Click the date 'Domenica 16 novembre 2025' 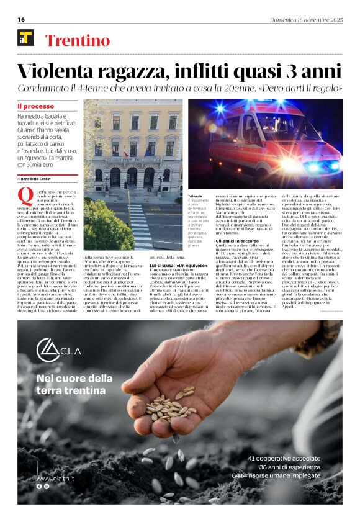[x=306, y=20]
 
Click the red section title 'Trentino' [x=78, y=41]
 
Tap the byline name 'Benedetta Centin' [x=36, y=179]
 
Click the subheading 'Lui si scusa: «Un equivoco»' [x=178, y=265]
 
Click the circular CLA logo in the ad [x=48, y=349]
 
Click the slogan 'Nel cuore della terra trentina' [x=74, y=384]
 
